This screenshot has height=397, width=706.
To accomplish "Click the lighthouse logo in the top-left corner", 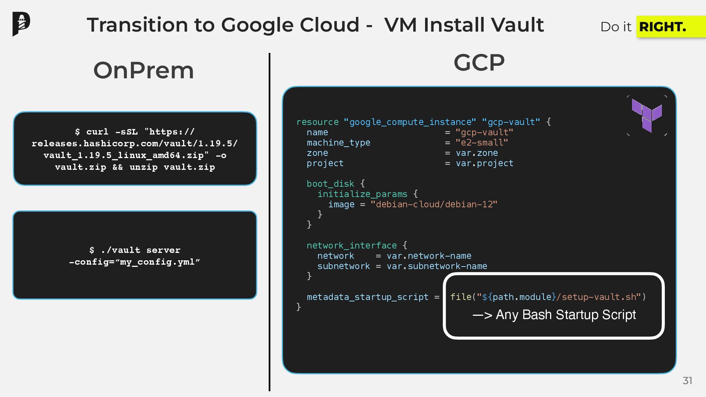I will (x=21, y=24).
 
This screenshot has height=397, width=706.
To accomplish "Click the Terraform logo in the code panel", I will (x=647, y=115).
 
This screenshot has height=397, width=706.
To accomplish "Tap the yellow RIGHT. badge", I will (x=663, y=27).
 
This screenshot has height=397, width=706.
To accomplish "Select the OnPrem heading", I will (x=143, y=70).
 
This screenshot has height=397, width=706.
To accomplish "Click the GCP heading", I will (x=479, y=62).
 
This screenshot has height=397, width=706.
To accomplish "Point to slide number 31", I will (x=687, y=381).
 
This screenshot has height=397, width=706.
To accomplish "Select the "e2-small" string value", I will (x=482, y=143).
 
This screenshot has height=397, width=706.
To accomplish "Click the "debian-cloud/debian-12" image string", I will (x=434, y=204).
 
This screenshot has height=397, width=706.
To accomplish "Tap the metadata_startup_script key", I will (x=368, y=297).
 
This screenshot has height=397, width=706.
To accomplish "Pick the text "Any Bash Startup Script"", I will (x=566, y=315).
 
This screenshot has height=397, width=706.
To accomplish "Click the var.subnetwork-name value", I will (x=437, y=266).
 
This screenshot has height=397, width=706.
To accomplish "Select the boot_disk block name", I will (x=330, y=184).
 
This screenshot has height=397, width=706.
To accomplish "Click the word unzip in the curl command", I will (x=143, y=167).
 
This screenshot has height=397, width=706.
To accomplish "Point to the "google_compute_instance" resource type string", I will (x=410, y=122).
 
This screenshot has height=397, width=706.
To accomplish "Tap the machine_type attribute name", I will (x=338, y=143).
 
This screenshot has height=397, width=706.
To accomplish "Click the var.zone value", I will (x=477, y=153).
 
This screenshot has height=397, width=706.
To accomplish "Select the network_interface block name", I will (x=352, y=246).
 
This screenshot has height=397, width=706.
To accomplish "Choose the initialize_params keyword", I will (x=362, y=194).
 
